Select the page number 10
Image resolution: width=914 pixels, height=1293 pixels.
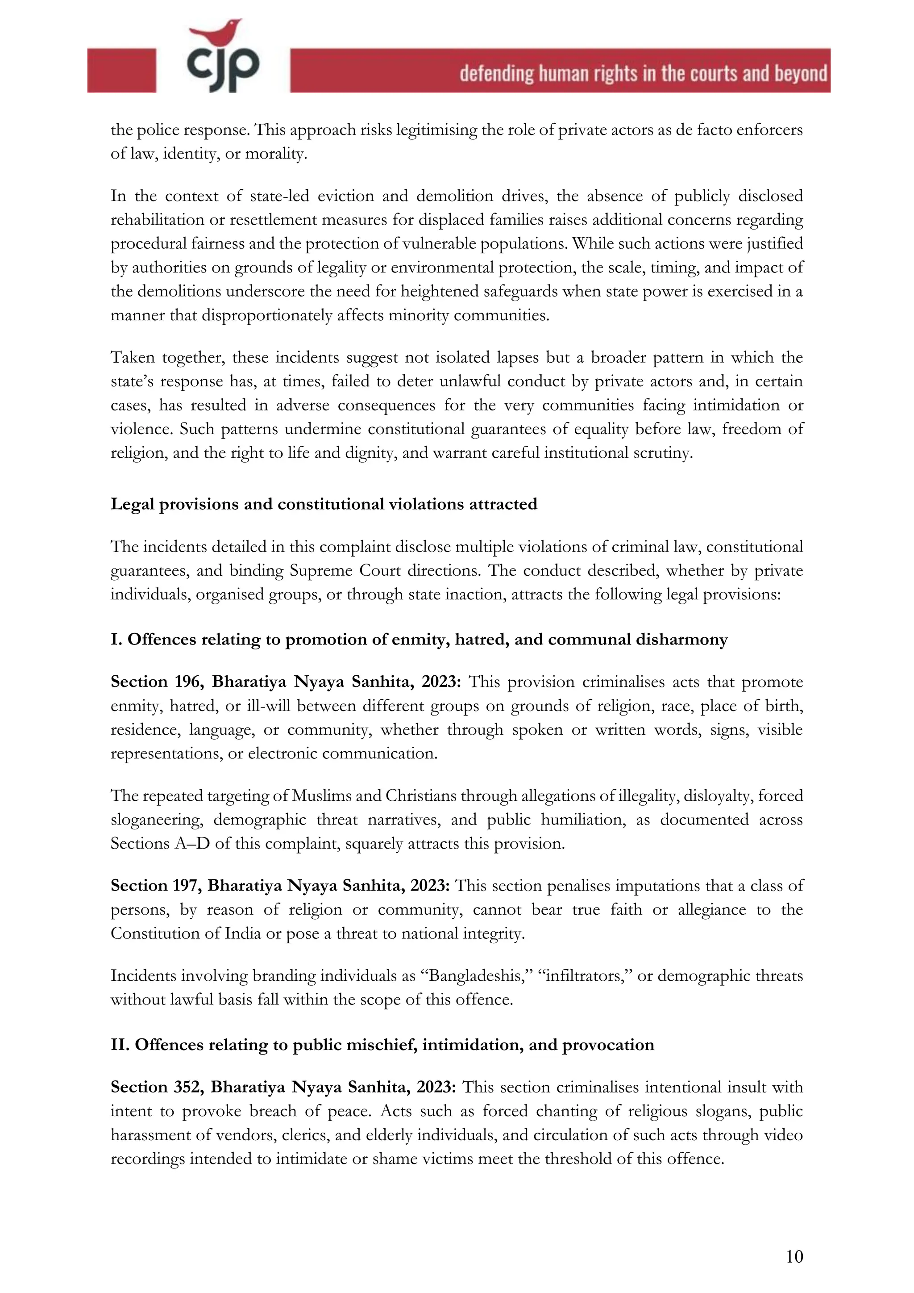tap(794, 1256)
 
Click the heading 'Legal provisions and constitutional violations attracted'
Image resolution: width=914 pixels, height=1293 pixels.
tap(324, 504)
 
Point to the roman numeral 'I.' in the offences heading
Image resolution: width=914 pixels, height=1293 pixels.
tap(116, 640)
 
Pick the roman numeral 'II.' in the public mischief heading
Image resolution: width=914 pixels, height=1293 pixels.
tap(120, 1045)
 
